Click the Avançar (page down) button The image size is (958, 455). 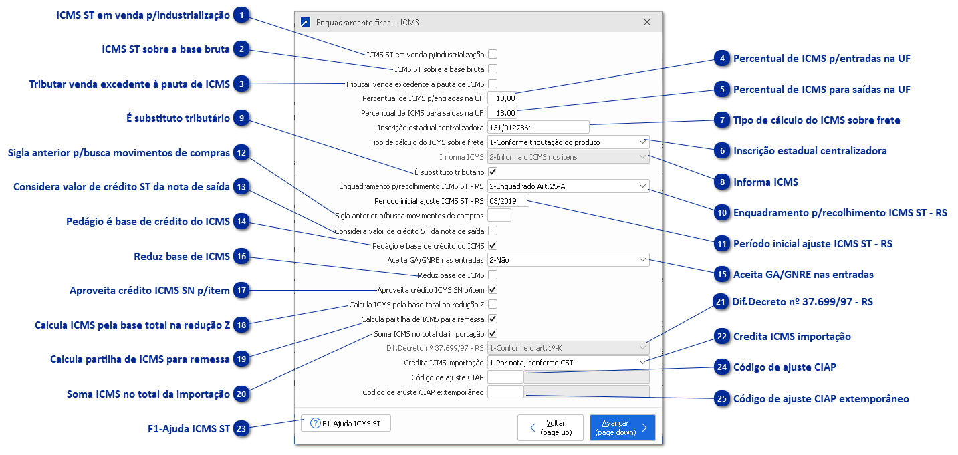pos(622,428)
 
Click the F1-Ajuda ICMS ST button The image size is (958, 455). pos(346,423)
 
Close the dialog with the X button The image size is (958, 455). pos(646,22)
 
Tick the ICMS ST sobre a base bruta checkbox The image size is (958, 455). pos(493,69)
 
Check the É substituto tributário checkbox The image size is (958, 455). pos(493,172)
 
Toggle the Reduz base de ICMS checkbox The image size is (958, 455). pos(493,275)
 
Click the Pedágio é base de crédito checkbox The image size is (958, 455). pos(493,245)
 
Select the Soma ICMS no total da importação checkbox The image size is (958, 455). pos(493,333)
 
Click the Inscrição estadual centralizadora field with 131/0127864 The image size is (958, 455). pos(538,127)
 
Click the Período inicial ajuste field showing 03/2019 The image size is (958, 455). pos(508,200)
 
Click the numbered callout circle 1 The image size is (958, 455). pos(242,15)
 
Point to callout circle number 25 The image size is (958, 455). pos(721,399)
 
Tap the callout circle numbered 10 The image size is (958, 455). pos(721,213)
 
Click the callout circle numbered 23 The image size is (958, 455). pos(242,429)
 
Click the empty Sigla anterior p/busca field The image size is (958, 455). pos(499,215)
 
